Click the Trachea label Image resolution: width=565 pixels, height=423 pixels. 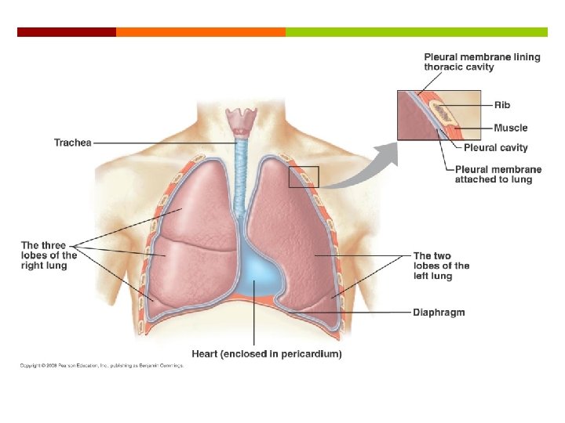[x=72, y=143]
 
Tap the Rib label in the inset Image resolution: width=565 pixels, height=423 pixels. [x=502, y=104]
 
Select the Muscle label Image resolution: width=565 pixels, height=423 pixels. [x=511, y=128]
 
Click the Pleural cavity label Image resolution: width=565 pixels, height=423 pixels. [x=496, y=147]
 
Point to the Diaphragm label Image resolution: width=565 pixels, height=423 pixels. [x=439, y=313]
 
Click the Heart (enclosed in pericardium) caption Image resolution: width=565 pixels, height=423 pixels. [x=267, y=354]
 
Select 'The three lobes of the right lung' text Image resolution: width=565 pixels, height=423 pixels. [x=49, y=255]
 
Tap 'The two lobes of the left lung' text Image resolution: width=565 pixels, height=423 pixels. [x=441, y=266]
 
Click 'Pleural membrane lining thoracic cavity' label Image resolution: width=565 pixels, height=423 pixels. [x=482, y=62]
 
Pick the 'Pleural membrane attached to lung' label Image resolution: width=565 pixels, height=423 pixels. [x=493, y=174]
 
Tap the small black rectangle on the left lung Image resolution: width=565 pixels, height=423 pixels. [x=304, y=176]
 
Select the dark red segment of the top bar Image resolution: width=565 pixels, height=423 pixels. [x=67, y=32]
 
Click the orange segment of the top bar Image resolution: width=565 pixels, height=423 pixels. [x=201, y=32]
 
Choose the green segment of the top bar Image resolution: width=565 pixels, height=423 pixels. [x=416, y=32]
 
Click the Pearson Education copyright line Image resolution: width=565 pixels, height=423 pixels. [x=101, y=366]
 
